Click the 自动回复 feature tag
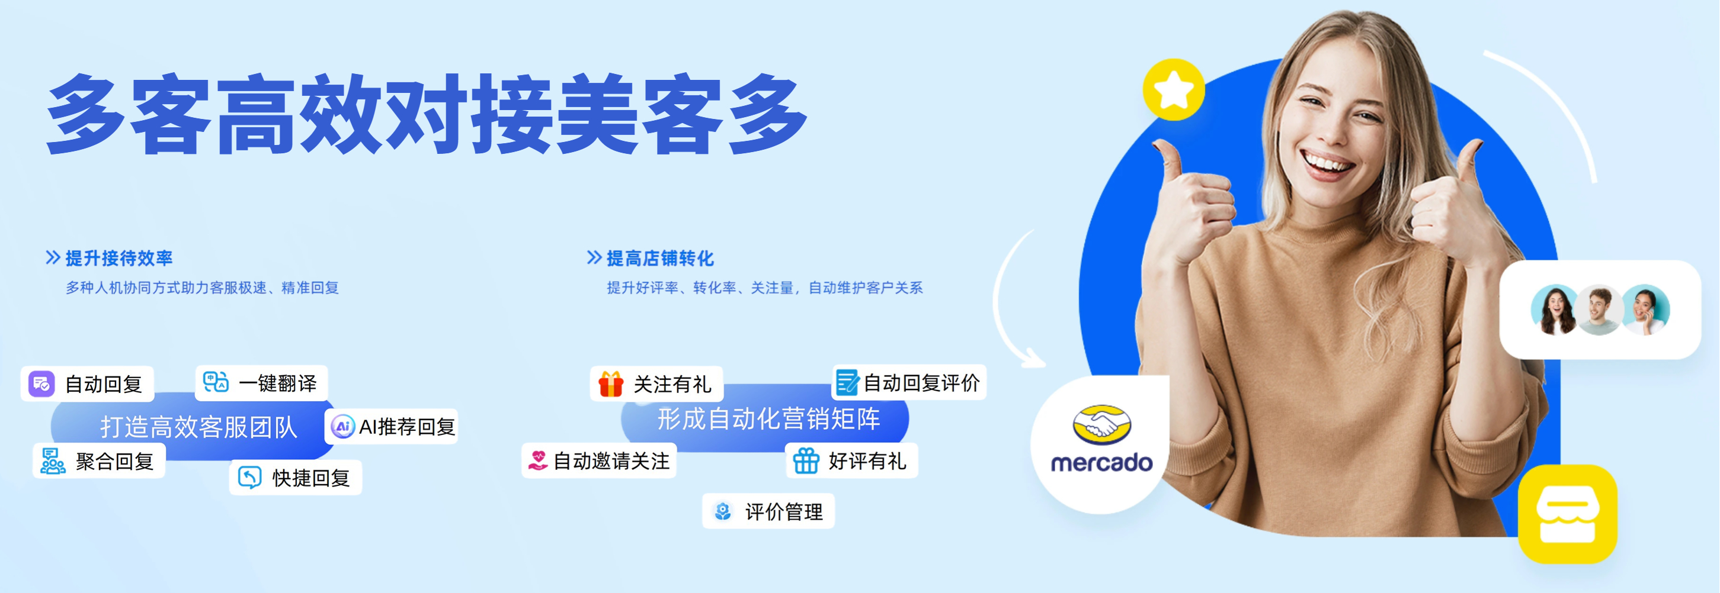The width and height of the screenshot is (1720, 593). click(x=88, y=383)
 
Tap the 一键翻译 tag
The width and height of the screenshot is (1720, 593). click(x=262, y=382)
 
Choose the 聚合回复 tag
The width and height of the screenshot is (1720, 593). click(x=99, y=461)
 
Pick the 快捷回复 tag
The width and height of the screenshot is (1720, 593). click(x=296, y=478)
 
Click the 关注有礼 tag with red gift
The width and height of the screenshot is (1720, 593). click(x=657, y=383)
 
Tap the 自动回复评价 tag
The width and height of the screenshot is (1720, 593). click(x=909, y=382)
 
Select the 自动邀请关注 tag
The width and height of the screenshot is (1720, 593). click(x=599, y=460)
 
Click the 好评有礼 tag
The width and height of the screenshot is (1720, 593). click(x=852, y=460)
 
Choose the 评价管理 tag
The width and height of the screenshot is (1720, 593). click(x=768, y=511)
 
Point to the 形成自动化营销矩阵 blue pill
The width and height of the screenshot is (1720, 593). click(x=765, y=419)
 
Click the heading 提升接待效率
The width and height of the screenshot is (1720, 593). click(x=119, y=258)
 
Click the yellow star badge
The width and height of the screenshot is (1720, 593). click(x=1174, y=90)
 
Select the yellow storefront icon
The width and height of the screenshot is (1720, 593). click(x=1568, y=514)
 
